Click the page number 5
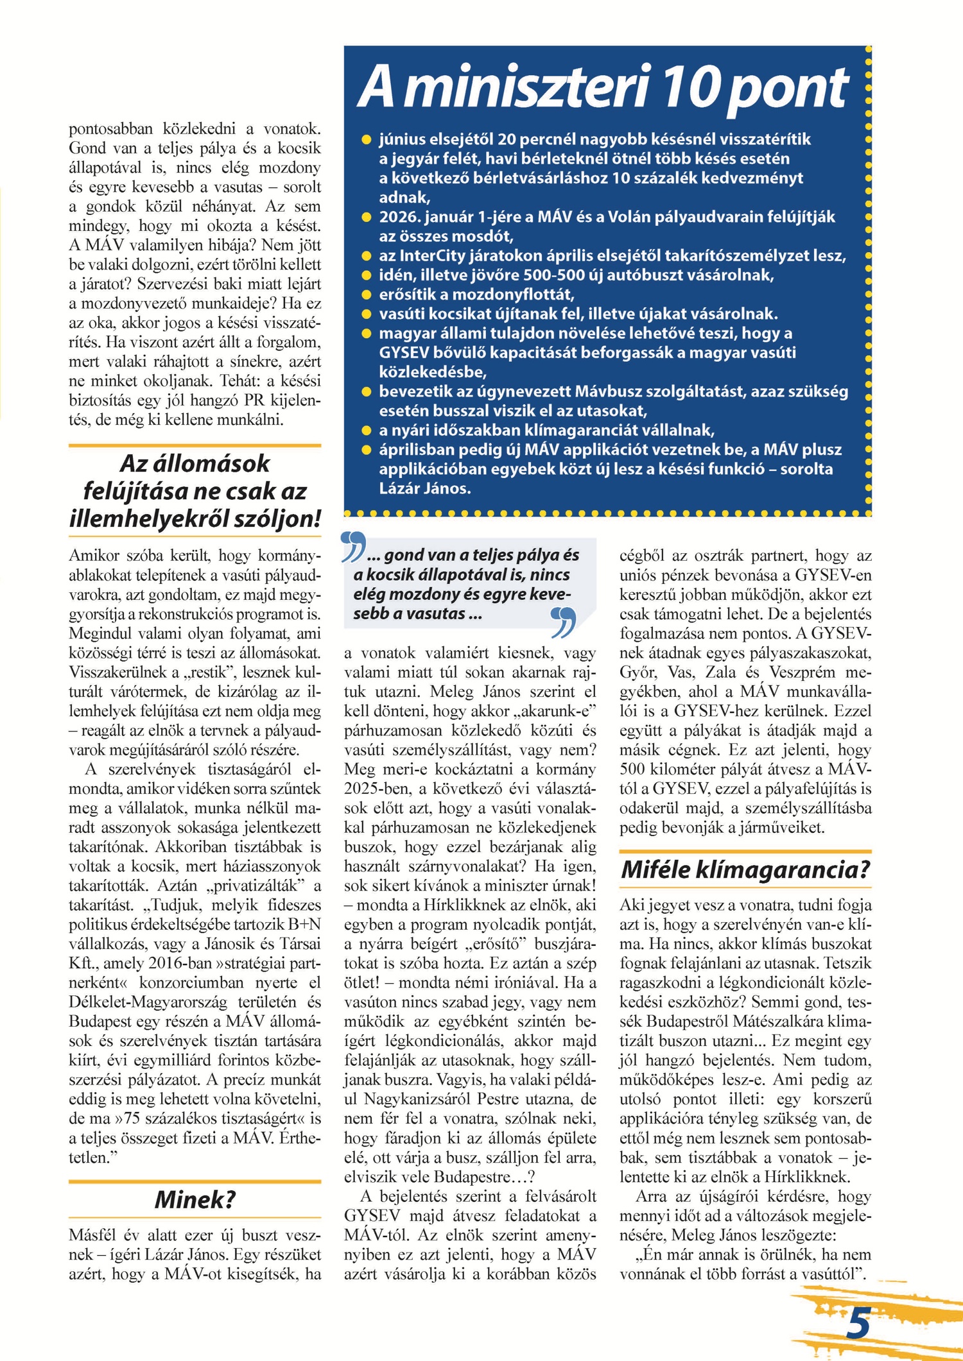pos(858,1322)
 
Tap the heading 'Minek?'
pos(195,1199)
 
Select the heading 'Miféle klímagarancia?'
pos(745,869)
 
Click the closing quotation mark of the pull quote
pos(563,622)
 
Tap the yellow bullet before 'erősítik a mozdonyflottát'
pos(367,295)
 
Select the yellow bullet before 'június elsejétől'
pos(367,139)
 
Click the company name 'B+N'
pos(305,924)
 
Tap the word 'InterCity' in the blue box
pos(435,255)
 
